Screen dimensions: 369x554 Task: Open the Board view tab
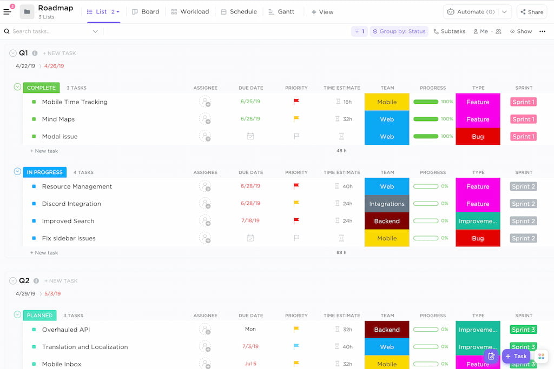[146, 12]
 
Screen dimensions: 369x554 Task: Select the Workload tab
[190, 12]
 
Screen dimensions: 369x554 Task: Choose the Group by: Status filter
[399, 31]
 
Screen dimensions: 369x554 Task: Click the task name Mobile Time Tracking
[75, 102]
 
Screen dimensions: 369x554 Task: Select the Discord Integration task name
[71, 204]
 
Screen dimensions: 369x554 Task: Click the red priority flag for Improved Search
[296, 220]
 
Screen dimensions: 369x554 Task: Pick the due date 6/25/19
[250, 102]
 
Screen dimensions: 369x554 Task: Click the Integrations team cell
[387, 204]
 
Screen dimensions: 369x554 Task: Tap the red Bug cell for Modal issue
[478, 137]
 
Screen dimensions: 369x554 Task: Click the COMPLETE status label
[41, 88]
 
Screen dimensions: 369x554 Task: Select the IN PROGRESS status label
[44, 172]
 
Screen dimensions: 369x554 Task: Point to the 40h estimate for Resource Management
[347, 186]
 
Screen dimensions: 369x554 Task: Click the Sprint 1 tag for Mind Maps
[523, 119]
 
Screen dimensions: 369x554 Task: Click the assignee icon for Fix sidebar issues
[205, 238]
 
